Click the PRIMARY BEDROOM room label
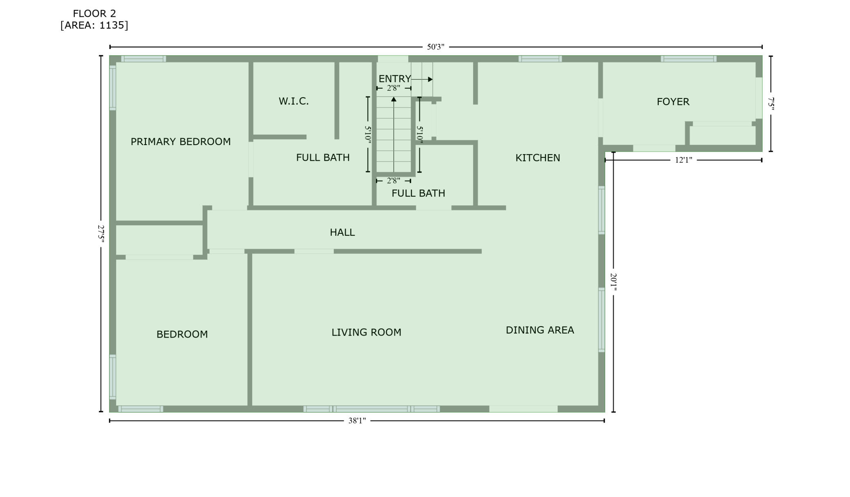tap(181, 142)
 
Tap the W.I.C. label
tap(294, 101)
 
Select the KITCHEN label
tap(538, 158)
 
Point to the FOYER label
tap(673, 102)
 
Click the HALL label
tap(342, 233)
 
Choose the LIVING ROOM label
tap(367, 332)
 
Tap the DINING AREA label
tap(540, 330)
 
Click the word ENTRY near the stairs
tap(395, 79)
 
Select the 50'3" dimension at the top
tap(436, 47)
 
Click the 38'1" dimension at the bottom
tap(357, 421)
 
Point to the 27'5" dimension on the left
tap(101, 233)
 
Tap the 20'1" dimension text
tap(613, 282)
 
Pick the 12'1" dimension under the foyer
tap(684, 160)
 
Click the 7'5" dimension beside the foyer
tap(771, 103)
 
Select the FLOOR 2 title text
tap(94, 14)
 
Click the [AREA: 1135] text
tap(94, 25)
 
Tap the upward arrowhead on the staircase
tap(394, 99)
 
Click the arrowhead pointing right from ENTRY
tap(430, 79)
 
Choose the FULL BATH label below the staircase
tap(418, 193)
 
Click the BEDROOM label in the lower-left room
tap(182, 334)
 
